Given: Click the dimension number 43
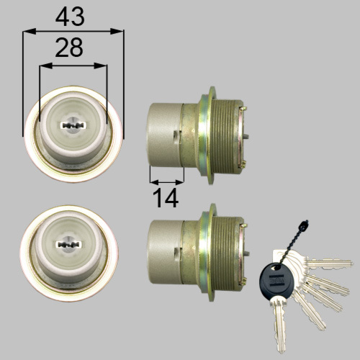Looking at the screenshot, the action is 70,17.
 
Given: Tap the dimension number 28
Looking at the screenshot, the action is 69,48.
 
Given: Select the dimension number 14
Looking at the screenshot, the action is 166,199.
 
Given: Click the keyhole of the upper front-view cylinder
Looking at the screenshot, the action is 73,125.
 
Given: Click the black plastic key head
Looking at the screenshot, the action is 276,280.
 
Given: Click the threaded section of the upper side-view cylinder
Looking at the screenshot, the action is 226,135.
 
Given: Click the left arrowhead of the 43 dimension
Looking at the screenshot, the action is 30,31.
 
